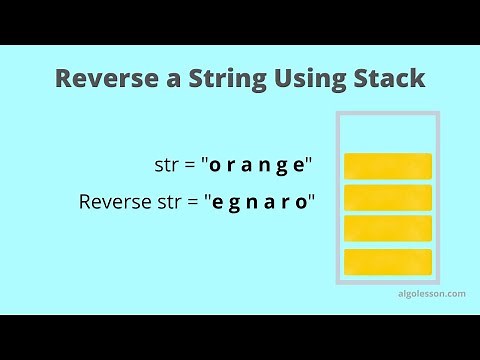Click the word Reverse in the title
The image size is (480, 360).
click(103, 79)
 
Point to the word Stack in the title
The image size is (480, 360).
click(387, 79)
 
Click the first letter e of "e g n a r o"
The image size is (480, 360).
click(216, 202)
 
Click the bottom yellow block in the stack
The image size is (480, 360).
click(387, 261)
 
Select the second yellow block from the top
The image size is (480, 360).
click(387, 197)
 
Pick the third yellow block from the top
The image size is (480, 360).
click(387, 229)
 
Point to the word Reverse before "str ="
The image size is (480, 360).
click(113, 202)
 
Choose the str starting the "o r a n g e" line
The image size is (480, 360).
click(164, 165)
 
